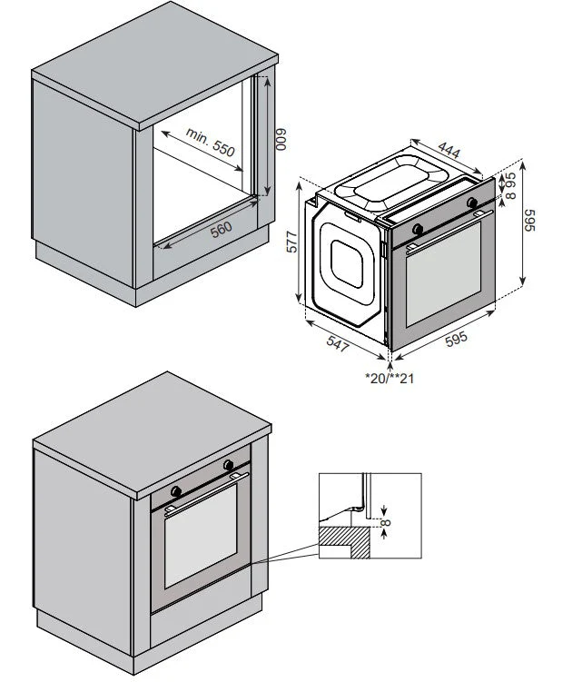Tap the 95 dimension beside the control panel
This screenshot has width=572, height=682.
click(510, 180)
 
